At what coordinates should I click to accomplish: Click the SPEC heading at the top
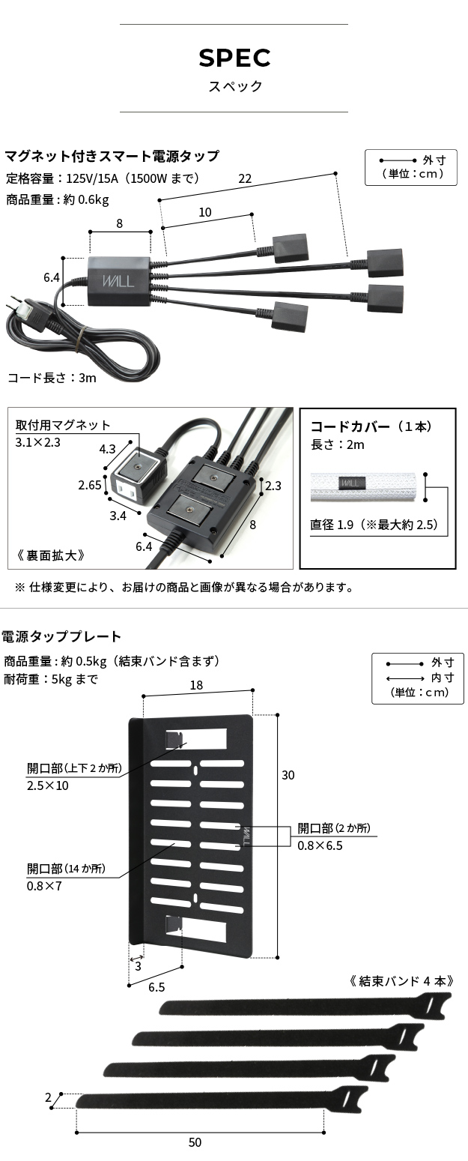coord(234,58)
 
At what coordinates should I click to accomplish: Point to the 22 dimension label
coord(245,178)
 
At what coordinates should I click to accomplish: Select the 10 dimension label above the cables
coord(204,212)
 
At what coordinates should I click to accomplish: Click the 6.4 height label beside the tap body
coord(52,277)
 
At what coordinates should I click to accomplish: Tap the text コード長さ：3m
coord(52,378)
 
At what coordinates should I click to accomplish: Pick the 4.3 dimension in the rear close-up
coord(107,450)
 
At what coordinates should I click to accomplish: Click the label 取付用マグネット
coord(63,425)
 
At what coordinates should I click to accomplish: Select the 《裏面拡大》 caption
coord(50,555)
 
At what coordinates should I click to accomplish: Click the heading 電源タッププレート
coord(61,636)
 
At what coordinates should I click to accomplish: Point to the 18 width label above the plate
coord(196,685)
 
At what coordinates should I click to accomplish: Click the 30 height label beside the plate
coord(288,776)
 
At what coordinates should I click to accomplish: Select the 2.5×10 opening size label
coord(47,785)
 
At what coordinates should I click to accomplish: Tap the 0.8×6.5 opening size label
coord(320,845)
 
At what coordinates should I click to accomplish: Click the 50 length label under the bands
coord(195,1142)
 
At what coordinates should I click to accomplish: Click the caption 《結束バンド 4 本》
coord(402,980)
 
